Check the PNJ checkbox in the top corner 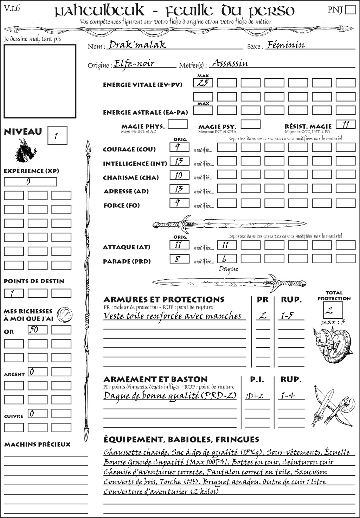pyautogui.click(x=351, y=9)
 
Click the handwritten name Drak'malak pyautogui.click(x=137, y=45)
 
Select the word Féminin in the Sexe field pyautogui.click(x=285, y=45)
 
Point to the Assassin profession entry pyautogui.click(x=230, y=64)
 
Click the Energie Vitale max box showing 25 pyautogui.click(x=203, y=83)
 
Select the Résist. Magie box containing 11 pyautogui.click(x=346, y=124)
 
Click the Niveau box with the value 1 pyautogui.click(x=57, y=136)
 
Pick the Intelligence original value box pyautogui.click(x=179, y=161)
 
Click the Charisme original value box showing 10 pyautogui.click(x=179, y=175)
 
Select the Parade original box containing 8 pyautogui.click(x=179, y=259)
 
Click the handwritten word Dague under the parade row pyautogui.click(x=228, y=269)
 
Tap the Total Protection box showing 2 pyautogui.click(x=333, y=310)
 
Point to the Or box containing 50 pyautogui.click(x=37, y=330)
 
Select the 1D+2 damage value pyautogui.click(x=255, y=396)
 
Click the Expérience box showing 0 pyautogui.click(x=30, y=182)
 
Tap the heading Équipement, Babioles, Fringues pyautogui.click(x=181, y=439)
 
